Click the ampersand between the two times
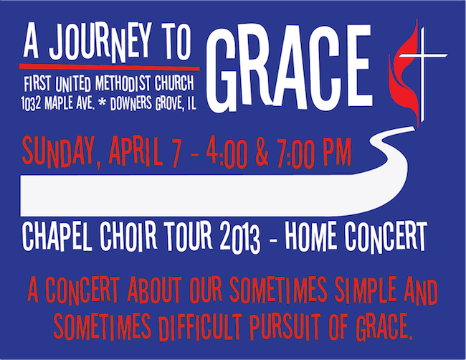click(264, 151)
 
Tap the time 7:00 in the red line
click(300, 151)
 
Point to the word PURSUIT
click(295, 327)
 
